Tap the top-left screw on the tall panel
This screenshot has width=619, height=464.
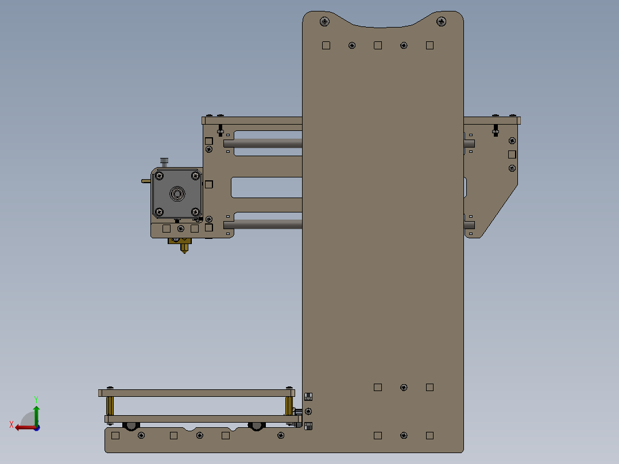point(324,22)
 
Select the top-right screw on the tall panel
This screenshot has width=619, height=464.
point(441,22)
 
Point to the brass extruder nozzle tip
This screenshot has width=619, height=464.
point(184,250)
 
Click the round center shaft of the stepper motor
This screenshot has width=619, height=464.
point(177,194)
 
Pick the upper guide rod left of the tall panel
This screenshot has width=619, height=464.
point(263,144)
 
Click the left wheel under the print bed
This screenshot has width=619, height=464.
point(131,426)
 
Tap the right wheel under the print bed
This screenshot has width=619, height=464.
point(256,426)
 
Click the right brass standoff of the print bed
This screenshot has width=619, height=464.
point(289,406)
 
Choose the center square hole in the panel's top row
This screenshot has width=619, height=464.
point(378,45)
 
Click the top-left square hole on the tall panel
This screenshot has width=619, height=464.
point(326,45)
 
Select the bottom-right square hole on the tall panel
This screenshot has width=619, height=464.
point(430,436)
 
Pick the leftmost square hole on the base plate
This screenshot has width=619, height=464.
point(115,435)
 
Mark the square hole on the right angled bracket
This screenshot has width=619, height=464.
point(512,154)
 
